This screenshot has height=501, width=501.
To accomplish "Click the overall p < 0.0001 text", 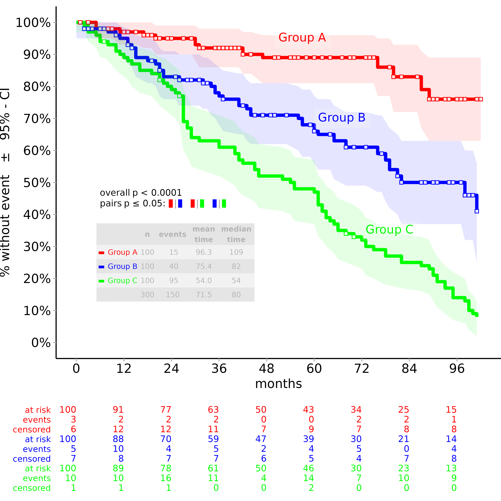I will point(141,193).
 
